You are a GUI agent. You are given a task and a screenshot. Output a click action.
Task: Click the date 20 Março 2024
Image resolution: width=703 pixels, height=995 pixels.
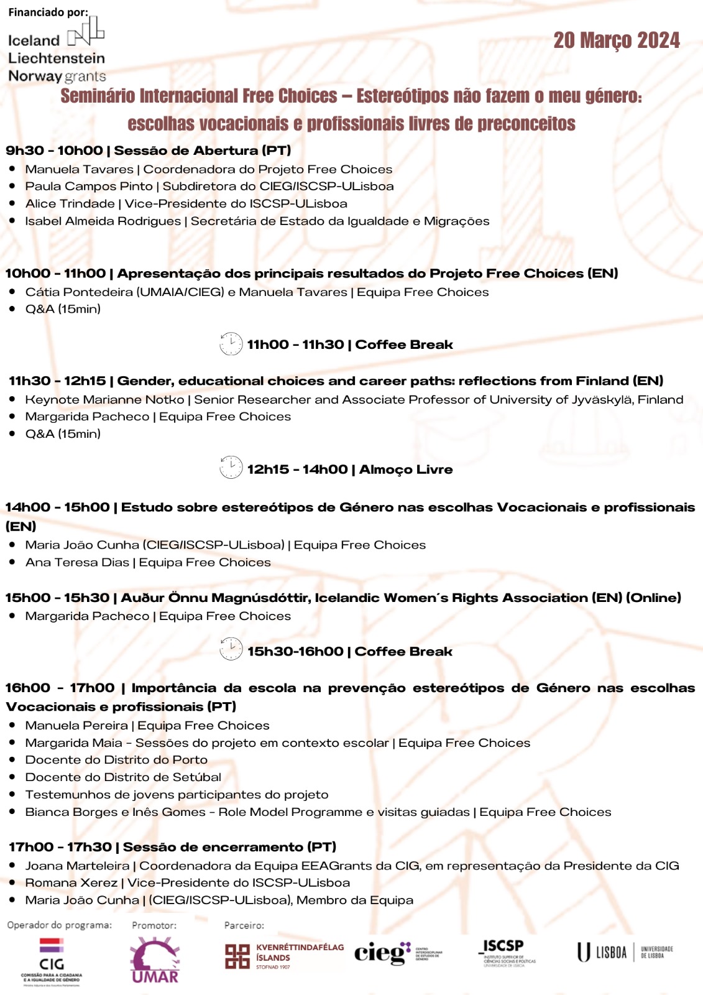click(616, 40)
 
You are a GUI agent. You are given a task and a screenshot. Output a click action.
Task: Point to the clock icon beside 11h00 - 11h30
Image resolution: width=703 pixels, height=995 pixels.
click(231, 344)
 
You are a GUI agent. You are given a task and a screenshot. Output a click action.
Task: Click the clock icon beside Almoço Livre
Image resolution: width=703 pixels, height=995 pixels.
click(231, 468)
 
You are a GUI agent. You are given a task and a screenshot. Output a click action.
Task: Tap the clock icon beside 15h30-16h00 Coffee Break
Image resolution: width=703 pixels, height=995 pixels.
click(231, 649)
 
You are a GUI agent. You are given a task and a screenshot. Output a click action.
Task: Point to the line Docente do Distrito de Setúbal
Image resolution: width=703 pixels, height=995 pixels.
click(123, 777)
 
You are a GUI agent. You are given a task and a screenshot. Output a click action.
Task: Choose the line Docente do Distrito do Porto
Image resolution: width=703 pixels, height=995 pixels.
click(116, 759)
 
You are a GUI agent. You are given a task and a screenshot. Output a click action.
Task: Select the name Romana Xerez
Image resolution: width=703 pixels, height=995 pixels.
click(71, 882)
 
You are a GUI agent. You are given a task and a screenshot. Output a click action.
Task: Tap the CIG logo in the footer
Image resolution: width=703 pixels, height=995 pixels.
click(52, 961)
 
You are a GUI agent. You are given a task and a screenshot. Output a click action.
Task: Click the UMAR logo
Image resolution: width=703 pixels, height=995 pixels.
click(155, 961)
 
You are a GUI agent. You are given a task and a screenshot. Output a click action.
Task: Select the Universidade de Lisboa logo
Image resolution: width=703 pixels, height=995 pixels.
click(625, 952)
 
